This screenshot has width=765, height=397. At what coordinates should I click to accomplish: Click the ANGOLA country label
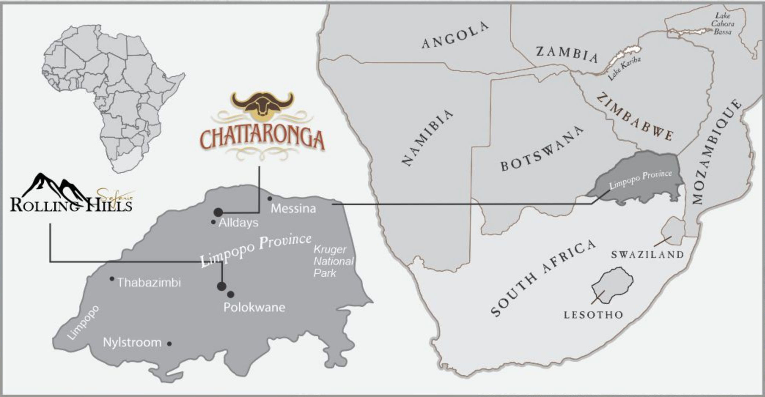(455, 35)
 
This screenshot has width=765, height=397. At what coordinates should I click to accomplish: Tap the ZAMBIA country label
(567, 54)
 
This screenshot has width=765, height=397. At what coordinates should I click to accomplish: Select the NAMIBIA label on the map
(427, 138)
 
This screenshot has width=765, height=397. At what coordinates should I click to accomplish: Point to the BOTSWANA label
(542, 149)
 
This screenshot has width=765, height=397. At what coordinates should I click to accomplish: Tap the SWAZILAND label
(647, 255)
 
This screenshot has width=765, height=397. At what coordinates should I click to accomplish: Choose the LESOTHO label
(593, 315)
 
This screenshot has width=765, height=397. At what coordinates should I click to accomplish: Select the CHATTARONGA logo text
(262, 140)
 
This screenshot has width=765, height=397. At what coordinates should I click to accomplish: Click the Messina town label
(293, 209)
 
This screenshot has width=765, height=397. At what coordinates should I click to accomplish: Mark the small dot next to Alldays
(213, 222)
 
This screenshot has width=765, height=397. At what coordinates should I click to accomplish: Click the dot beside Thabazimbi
(112, 279)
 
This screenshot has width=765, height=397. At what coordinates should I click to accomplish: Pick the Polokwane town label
(254, 307)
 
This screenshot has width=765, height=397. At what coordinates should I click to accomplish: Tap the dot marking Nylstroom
(169, 344)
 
